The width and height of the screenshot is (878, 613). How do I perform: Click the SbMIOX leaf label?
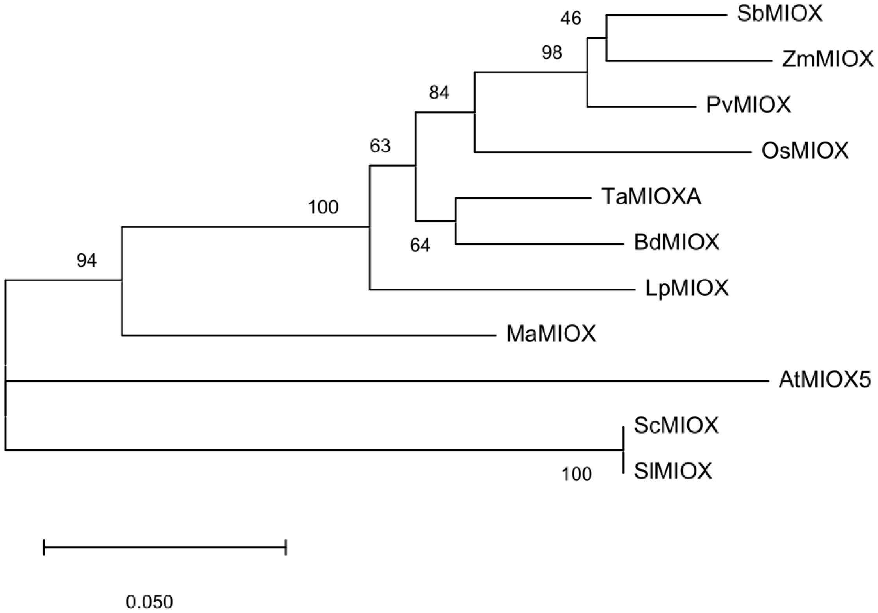pos(779,14)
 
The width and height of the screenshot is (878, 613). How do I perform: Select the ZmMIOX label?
pos(827,60)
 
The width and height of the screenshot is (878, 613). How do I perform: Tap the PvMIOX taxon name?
pos(748,105)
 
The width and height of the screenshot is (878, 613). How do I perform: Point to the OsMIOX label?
pos(805,151)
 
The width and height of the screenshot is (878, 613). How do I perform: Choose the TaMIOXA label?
pos(651,197)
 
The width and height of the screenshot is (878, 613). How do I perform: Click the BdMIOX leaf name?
pos(676,242)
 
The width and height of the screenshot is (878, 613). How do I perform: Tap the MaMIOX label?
pos(551,334)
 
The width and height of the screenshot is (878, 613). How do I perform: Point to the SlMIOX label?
pos(673,471)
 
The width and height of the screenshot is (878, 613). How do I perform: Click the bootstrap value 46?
pos(571,18)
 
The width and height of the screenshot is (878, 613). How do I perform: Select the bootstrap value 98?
pos(552,52)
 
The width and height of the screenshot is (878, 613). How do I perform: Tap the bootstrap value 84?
pos(439,93)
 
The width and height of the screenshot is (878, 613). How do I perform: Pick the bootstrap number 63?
pos(380,146)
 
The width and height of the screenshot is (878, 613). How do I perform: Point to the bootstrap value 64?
pos(420,246)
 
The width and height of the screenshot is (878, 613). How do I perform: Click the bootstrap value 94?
pos(86,260)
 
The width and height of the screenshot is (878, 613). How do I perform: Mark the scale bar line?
pos(165,547)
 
